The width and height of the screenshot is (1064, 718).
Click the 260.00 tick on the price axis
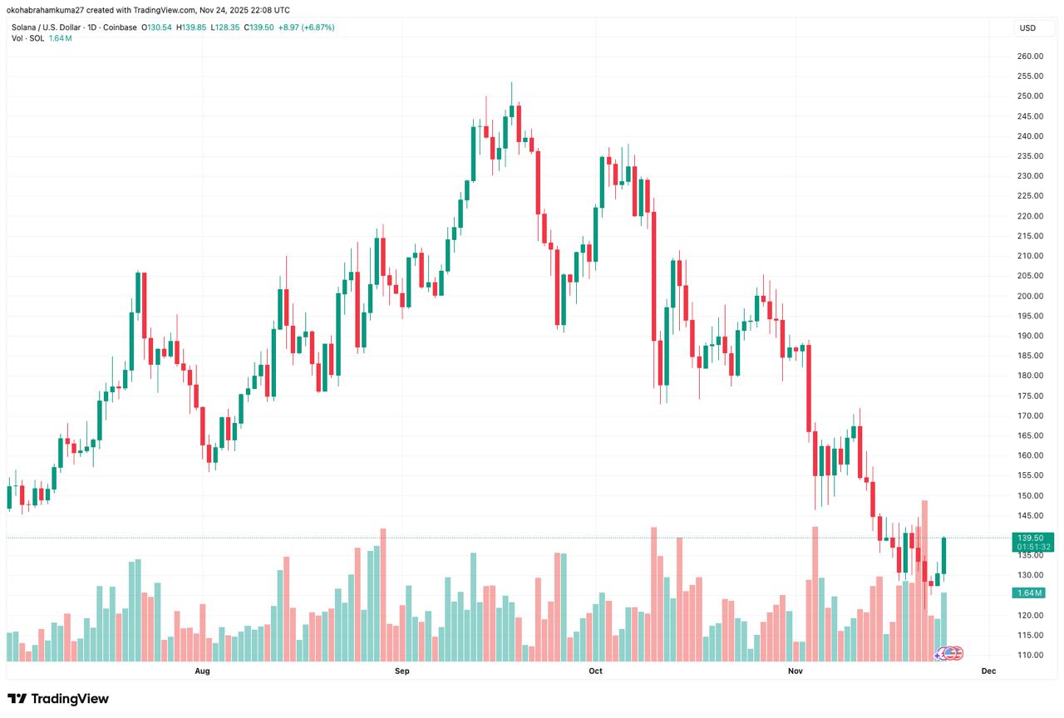(1031, 57)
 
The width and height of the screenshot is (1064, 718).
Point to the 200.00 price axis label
(1031, 296)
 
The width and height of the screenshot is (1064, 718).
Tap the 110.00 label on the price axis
(1031, 655)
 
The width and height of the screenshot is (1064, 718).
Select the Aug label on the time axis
(202, 671)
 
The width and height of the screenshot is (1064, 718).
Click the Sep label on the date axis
(402, 671)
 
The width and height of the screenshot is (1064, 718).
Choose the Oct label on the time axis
(595, 671)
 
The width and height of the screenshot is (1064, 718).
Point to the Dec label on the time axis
(988, 671)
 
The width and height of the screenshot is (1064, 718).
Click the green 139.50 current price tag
(1031, 538)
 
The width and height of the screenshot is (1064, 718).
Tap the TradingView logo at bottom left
(58, 699)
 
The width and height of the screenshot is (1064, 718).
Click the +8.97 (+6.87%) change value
(307, 27)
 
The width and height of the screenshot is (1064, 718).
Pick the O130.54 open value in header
(156, 27)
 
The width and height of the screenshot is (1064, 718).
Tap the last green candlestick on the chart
(944, 556)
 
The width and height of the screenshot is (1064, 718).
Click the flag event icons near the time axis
(950, 654)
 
